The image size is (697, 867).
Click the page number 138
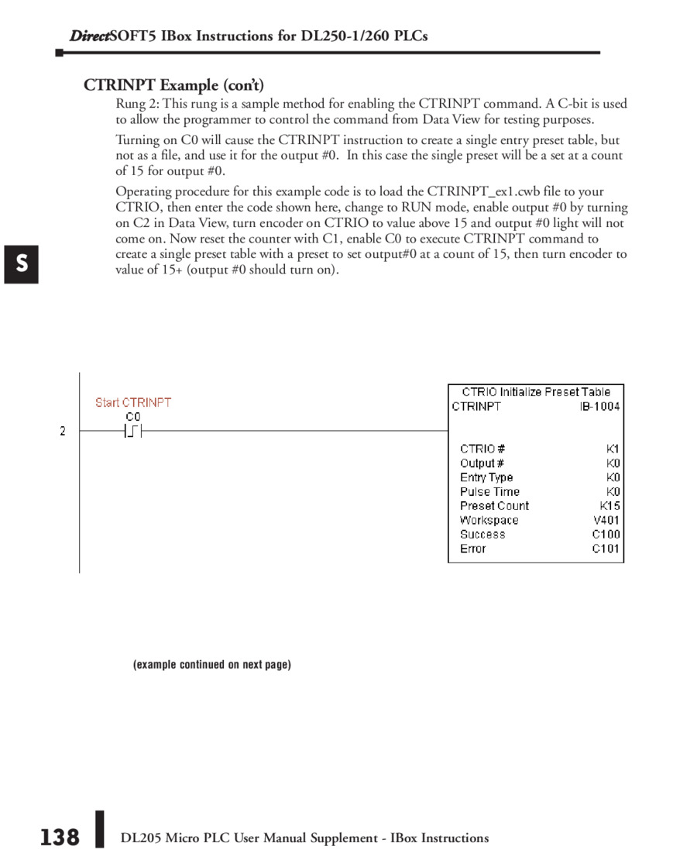(x=60, y=838)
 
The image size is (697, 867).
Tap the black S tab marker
(x=22, y=263)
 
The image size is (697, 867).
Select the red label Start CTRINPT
(x=133, y=402)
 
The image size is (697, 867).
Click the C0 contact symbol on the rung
(x=132, y=432)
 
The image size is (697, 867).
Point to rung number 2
(x=63, y=431)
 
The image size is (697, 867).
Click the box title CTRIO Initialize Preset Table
(x=536, y=392)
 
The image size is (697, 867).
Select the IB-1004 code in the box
(x=599, y=406)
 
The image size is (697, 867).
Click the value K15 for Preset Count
(x=609, y=506)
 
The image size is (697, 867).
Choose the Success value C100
(x=606, y=534)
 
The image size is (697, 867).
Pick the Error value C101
(x=606, y=549)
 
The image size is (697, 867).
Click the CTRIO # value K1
(x=613, y=449)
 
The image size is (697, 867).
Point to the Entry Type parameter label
(x=486, y=477)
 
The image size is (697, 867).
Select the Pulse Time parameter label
(x=489, y=491)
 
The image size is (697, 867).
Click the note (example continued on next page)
(x=212, y=665)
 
